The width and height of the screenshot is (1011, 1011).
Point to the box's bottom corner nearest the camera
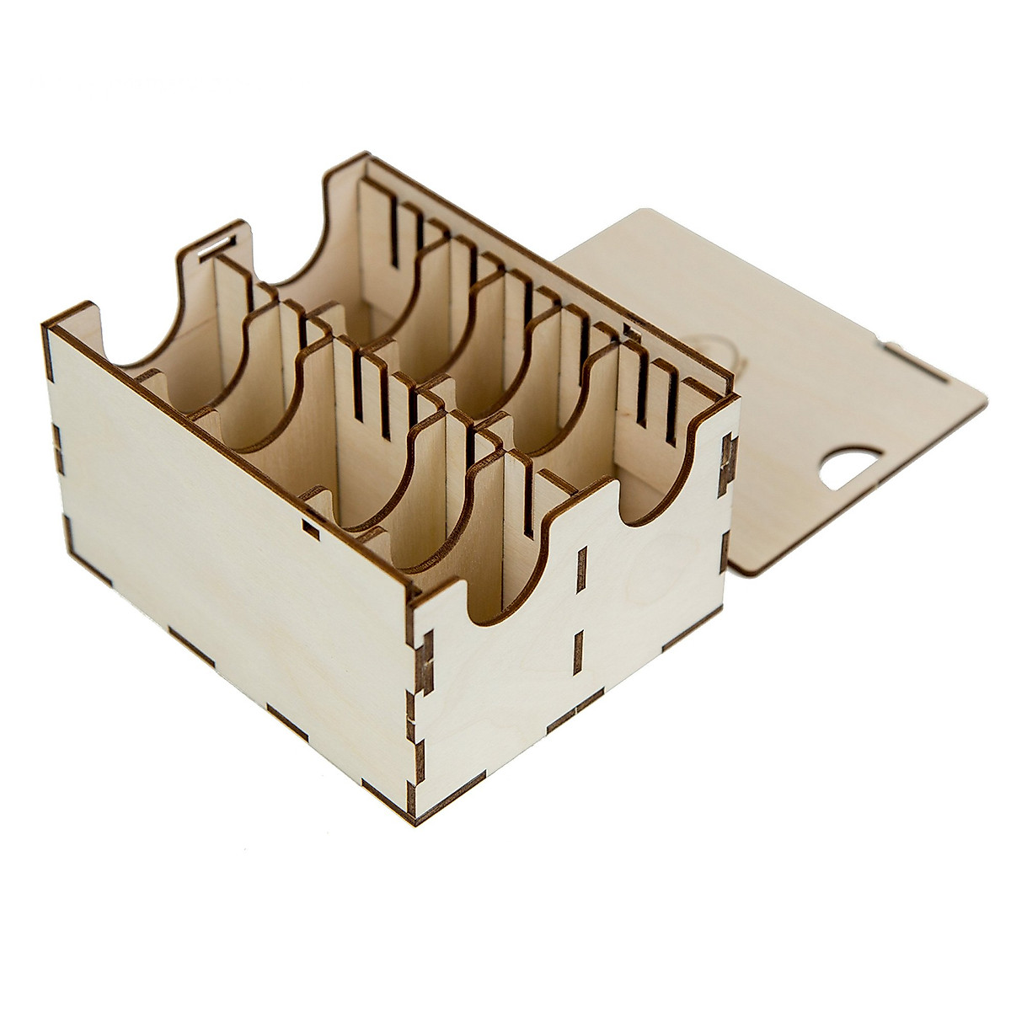415,816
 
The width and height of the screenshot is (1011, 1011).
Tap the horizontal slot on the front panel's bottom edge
575,718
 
